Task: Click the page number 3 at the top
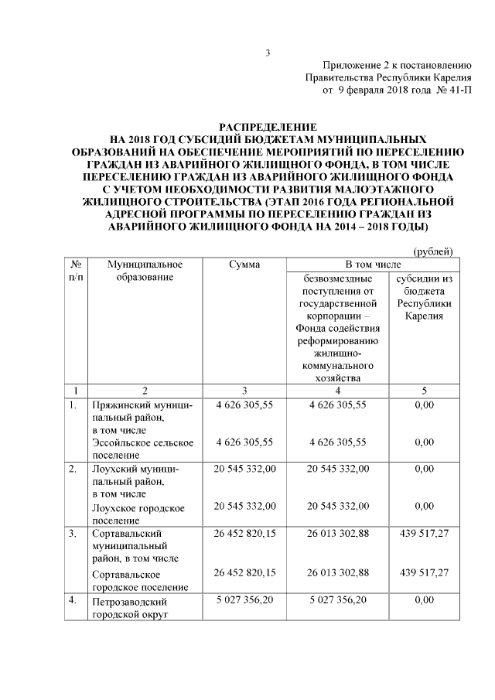coord(268,53)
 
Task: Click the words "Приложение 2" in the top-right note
coord(354,65)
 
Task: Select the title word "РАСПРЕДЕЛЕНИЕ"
coord(268,127)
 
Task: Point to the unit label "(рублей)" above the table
coord(434,251)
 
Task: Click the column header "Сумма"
coord(244,265)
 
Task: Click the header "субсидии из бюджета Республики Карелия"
coord(423,297)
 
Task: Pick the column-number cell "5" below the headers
coord(423,391)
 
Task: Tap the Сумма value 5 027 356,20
coord(244,599)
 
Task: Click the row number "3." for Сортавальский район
coord(72,534)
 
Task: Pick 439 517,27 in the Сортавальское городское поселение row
coord(423,572)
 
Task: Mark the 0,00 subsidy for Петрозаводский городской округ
coord(423,599)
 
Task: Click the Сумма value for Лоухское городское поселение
coord(244,507)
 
